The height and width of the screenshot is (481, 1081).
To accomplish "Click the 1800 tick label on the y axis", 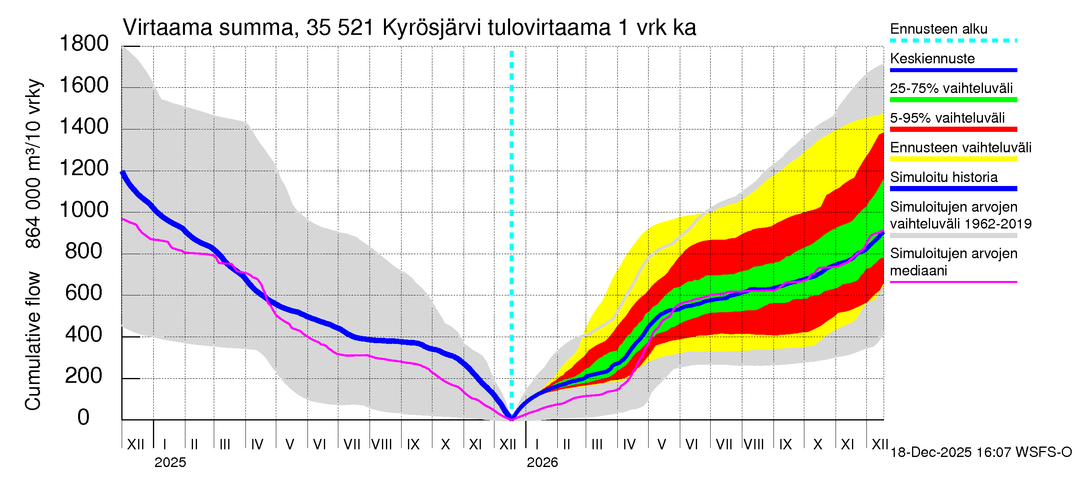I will click(x=84, y=44).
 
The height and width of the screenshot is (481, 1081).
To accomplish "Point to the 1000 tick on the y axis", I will click(x=84, y=210).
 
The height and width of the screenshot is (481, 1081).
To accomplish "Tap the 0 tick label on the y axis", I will click(x=84, y=418).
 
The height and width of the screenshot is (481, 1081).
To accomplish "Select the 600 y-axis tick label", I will click(x=84, y=293).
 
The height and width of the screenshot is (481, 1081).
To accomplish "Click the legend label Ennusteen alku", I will click(x=938, y=29).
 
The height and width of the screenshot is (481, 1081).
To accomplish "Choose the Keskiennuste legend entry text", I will click(x=932, y=59).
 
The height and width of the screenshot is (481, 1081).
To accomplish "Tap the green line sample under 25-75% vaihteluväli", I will click(x=953, y=100).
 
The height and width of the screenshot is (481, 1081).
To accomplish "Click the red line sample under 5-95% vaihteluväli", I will click(x=953, y=129).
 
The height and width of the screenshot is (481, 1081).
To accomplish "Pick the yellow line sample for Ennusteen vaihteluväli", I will click(x=953, y=159).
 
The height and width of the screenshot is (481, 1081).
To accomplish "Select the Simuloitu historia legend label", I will click(x=943, y=177).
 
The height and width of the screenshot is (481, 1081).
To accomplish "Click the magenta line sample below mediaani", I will click(x=953, y=282).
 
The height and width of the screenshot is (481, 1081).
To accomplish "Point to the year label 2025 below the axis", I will click(x=170, y=463).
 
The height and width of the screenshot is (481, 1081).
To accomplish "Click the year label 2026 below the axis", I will click(x=542, y=463).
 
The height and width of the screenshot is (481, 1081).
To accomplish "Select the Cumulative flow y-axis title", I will click(x=33, y=340).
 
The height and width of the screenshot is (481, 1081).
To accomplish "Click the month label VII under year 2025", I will click(x=352, y=445).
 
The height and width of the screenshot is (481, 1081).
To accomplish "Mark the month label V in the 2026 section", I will click(x=661, y=445).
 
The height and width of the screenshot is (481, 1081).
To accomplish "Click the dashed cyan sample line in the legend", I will click(x=953, y=41).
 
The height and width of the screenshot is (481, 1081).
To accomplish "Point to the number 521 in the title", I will click(x=356, y=28).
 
